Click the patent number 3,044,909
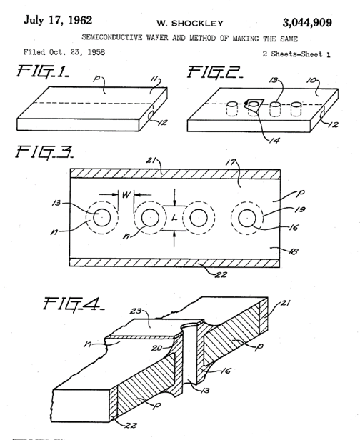point(307,23)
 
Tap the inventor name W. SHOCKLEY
point(190,24)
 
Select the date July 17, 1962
point(58,20)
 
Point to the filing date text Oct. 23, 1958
point(77,52)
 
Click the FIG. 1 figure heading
point(43,71)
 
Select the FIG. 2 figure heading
point(215,72)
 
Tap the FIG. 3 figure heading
point(44,151)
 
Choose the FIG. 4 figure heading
point(74,305)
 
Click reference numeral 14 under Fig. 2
point(274,140)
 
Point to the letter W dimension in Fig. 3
point(126,194)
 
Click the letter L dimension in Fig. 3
point(174,218)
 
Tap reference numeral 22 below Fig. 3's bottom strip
point(221,274)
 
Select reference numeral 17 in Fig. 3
point(231,162)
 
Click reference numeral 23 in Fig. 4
point(136,311)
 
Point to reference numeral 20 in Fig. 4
point(156,349)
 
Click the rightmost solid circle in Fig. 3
point(247,218)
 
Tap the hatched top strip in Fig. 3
point(175,174)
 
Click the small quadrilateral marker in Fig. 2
point(254,105)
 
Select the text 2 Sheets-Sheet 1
point(296,54)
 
